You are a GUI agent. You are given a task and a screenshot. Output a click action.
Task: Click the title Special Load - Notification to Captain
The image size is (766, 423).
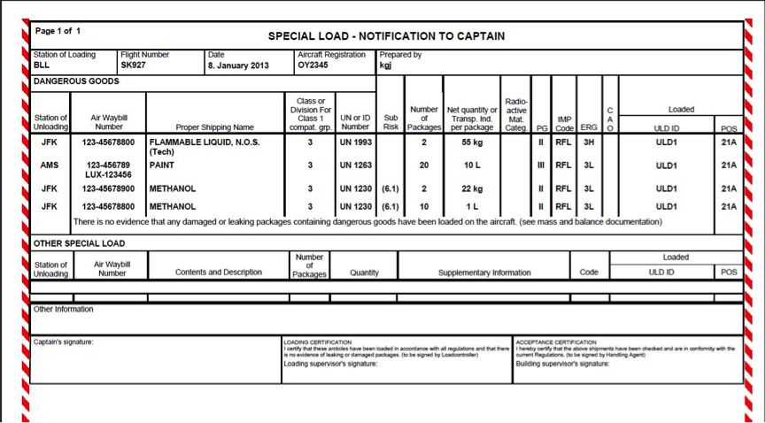tap(386, 36)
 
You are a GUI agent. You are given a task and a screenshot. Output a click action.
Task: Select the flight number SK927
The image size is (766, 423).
tap(134, 65)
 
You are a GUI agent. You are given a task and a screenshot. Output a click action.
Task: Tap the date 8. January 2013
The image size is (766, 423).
tap(237, 65)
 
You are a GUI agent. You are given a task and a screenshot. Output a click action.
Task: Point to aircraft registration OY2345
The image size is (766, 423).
tap(313, 65)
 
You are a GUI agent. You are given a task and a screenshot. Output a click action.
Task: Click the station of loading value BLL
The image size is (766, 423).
tap(42, 65)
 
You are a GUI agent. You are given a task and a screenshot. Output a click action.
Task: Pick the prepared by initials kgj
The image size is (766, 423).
tap(386, 65)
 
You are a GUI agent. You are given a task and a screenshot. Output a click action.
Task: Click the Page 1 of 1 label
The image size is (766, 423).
tap(58, 31)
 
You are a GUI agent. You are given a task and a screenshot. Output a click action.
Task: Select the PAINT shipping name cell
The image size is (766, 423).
tap(162, 165)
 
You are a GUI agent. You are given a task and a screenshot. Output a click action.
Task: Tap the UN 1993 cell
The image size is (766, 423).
tap(355, 142)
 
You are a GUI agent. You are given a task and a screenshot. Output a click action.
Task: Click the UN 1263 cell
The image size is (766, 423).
tap(355, 165)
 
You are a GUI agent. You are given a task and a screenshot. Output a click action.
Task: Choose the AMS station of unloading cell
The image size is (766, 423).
tap(50, 165)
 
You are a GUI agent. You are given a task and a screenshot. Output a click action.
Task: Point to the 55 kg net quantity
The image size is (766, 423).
tap(472, 142)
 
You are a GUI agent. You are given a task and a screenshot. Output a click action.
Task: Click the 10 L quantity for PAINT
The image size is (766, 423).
tap(472, 165)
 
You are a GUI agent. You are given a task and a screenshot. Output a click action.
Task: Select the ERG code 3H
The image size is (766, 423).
tap(588, 142)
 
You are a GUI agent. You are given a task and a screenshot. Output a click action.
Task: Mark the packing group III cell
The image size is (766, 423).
tap(540, 165)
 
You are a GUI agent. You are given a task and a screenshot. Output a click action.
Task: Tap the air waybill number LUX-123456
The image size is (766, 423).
tap(108, 175)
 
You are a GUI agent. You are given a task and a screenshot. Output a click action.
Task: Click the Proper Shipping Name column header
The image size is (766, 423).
tap(214, 127)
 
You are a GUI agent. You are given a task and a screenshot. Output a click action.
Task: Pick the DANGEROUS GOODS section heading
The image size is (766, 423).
tap(76, 81)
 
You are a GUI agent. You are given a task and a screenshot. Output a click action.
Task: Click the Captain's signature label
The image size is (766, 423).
tap(63, 342)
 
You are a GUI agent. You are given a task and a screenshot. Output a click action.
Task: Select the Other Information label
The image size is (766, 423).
tap(63, 310)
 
